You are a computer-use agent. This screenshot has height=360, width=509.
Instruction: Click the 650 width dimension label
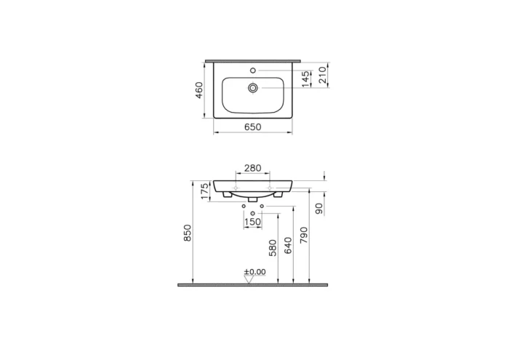click(x=252, y=127)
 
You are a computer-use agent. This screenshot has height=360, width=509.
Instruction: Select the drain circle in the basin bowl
click(x=252, y=88)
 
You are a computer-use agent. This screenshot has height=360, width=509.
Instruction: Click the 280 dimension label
click(x=252, y=168)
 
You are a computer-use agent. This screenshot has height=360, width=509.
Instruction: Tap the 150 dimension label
click(x=252, y=222)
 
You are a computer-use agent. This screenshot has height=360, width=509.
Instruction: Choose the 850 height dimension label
click(x=187, y=233)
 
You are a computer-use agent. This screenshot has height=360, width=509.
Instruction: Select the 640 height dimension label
click(x=289, y=245)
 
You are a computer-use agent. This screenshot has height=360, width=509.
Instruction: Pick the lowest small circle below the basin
click(x=252, y=213)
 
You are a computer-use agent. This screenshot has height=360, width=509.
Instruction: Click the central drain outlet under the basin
click(x=252, y=199)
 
